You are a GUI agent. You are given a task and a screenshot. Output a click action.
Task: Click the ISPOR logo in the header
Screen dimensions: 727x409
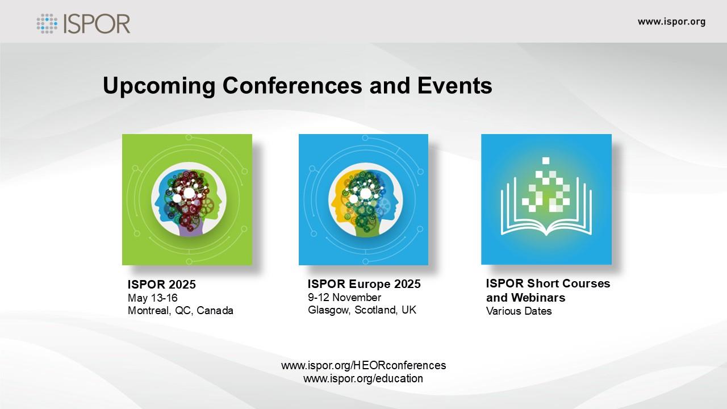tap(83, 23)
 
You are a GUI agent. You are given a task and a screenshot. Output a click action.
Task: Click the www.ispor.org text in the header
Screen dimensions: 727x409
tap(671, 22)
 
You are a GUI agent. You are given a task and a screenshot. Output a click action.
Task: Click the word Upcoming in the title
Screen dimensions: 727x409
tap(159, 86)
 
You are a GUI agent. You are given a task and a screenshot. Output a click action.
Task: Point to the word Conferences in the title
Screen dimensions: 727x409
tap(292, 85)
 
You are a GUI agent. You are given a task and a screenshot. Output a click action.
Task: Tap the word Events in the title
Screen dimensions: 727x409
tap(455, 85)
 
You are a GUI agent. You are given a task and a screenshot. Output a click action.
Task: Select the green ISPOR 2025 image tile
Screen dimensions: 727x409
tap(187, 199)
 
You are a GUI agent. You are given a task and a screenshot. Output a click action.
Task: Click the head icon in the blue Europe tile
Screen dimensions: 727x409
tap(365, 199)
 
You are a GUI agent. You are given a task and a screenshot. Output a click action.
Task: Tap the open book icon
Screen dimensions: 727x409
tap(546, 208)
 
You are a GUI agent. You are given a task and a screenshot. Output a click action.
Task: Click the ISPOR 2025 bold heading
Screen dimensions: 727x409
tap(162, 285)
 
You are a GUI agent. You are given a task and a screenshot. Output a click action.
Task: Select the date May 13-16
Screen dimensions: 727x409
tap(153, 298)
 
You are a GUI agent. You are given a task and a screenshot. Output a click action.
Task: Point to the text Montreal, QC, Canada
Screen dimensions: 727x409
tap(181, 311)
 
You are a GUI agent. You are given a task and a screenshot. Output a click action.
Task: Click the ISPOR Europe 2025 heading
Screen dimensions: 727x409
tap(364, 284)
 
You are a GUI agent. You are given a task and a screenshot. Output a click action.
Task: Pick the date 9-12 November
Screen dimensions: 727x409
tap(344, 297)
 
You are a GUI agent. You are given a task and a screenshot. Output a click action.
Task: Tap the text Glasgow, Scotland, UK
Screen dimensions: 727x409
tap(362, 310)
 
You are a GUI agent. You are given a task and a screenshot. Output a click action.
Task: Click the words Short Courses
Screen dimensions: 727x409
tap(569, 283)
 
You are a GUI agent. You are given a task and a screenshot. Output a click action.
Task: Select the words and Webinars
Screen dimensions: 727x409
tap(525, 297)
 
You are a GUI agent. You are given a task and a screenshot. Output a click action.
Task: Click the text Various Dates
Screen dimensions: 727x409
tap(519, 311)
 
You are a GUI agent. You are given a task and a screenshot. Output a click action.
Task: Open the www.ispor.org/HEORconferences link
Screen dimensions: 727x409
tap(363, 365)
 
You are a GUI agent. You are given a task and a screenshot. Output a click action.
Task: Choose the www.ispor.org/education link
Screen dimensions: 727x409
tap(363, 378)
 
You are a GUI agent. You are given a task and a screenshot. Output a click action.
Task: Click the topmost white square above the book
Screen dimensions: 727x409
tap(546, 160)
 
